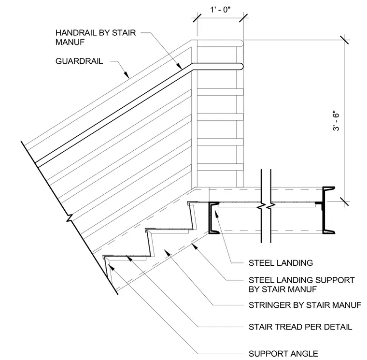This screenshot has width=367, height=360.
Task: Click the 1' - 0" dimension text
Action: (220, 10)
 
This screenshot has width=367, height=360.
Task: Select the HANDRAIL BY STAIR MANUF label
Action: (96, 37)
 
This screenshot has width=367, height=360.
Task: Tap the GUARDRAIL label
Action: (79, 61)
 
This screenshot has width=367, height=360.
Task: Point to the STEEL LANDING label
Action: (281, 263)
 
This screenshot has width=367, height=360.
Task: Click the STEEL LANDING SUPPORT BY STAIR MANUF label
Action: (302, 285)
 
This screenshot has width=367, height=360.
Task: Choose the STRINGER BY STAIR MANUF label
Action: (305, 305)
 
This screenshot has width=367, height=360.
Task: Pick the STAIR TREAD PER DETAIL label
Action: (300, 327)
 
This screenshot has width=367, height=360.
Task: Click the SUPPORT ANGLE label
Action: (283, 353)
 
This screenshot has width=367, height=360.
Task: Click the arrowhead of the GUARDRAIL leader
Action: (127, 74)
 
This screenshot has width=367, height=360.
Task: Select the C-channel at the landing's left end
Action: (213, 218)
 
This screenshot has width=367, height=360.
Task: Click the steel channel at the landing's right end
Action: (327, 210)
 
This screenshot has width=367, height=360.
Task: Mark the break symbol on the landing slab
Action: (266, 206)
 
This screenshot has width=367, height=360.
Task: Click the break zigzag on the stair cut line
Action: (70, 218)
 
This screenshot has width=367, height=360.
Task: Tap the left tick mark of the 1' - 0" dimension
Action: (197, 18)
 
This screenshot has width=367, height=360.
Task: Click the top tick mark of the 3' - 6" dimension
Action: (344, 40)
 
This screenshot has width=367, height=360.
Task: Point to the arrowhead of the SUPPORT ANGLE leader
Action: (112, 267)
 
